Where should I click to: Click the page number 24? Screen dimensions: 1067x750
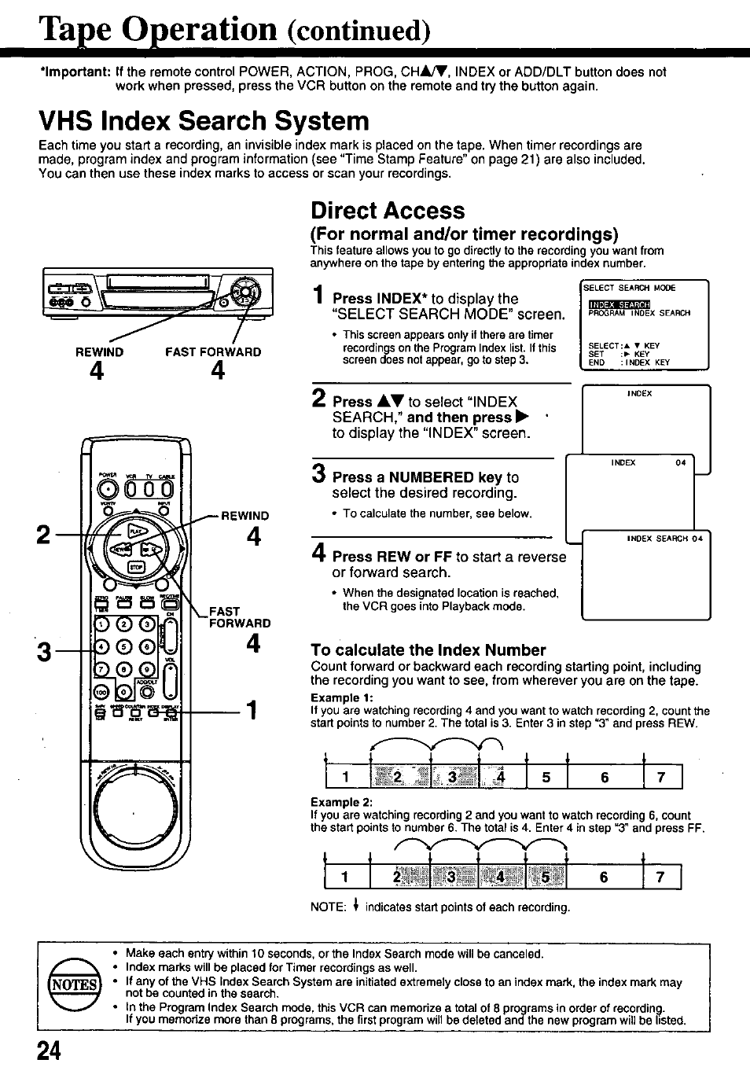pos(50,1051)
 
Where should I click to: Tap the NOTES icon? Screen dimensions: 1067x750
pos(75,984)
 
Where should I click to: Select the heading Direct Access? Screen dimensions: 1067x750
pos(388,211)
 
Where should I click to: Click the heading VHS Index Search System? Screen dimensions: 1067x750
pos(204,121)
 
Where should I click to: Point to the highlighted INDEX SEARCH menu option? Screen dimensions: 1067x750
pos(619,304)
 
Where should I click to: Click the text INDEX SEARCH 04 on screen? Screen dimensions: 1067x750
pos(664,539)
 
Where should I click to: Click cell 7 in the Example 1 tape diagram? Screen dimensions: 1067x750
pos(662,778)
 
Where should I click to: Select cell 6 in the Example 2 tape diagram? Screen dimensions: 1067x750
pos(604,877)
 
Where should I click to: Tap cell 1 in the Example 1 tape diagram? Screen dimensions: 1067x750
pos(346,778)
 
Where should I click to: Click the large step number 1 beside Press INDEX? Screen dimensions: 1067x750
pos(318,296)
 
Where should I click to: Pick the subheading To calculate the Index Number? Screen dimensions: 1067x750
pos(428,650)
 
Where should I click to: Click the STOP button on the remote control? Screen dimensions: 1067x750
pos(135,568)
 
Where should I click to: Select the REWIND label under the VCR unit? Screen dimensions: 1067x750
pos(99,352)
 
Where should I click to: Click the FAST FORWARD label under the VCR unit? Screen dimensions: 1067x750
pos(213,352)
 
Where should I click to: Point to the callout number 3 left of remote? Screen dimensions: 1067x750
pos(44,652)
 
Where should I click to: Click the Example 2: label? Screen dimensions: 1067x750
pos(341,802)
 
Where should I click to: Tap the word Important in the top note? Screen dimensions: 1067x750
pos(75,72)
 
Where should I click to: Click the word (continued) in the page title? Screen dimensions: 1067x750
pos(358,31)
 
